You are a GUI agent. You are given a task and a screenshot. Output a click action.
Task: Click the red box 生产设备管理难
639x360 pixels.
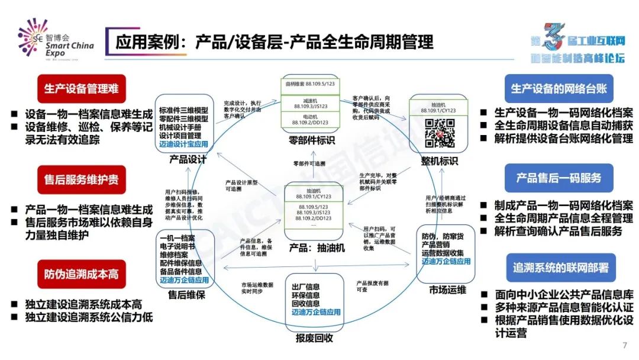tap(82, 89)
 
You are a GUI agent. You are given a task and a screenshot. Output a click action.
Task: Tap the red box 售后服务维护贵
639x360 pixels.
tap(82, 179)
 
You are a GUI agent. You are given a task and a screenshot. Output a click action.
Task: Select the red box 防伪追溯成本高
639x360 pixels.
tap(82, 275)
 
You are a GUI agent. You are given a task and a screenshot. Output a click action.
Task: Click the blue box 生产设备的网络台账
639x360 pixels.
tap(559, 89)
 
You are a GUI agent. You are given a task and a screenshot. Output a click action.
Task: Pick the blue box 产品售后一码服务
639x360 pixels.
tap(559, 178)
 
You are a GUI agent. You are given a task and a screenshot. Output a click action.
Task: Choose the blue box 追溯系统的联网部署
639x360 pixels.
tap(559, 268)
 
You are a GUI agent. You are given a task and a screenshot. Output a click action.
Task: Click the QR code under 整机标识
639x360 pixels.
tap(440, 133)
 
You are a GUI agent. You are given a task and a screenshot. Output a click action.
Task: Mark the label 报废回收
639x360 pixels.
tap(314, 338)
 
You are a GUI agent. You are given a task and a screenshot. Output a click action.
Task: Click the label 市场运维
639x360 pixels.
tap(447, 290)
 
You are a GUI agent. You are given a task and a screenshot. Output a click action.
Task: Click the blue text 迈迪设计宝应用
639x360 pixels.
tap(184, 143)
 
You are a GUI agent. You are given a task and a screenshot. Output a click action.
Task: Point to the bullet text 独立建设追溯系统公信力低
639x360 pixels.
tap(89, 317)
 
